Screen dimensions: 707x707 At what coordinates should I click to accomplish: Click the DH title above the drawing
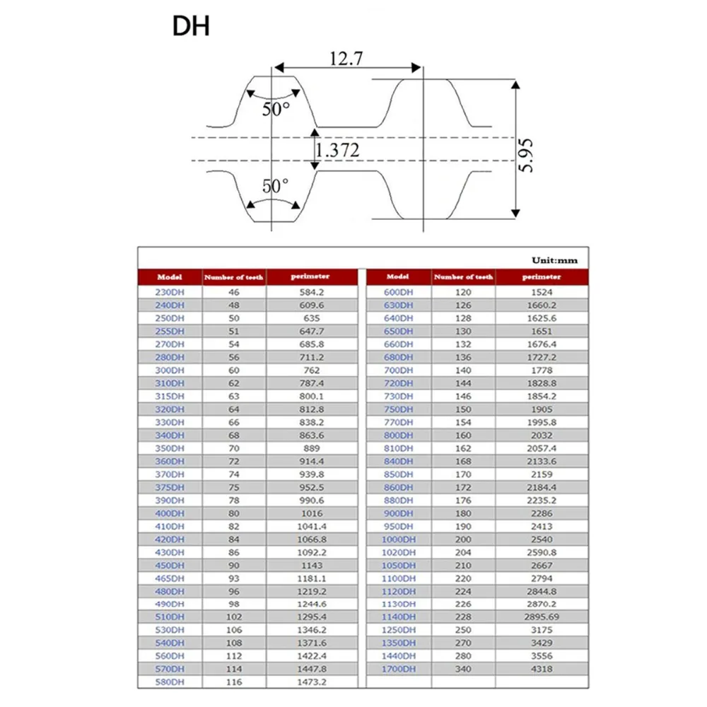(191, 26)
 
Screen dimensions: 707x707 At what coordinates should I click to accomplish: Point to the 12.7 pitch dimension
(346, 59)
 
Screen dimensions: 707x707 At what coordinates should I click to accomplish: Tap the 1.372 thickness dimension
(337, 150)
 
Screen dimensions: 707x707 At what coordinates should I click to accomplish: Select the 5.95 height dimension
(526, 156)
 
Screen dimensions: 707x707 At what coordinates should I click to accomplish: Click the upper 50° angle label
(276, 109)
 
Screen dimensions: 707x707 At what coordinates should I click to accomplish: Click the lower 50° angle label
(275, 186)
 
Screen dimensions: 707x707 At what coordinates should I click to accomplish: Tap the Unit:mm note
(554, 260)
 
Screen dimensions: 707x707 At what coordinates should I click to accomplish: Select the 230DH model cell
(170, 292)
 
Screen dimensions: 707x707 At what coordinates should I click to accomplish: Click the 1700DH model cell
(399, 669)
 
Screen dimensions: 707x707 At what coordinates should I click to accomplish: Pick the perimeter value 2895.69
(542, 617)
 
